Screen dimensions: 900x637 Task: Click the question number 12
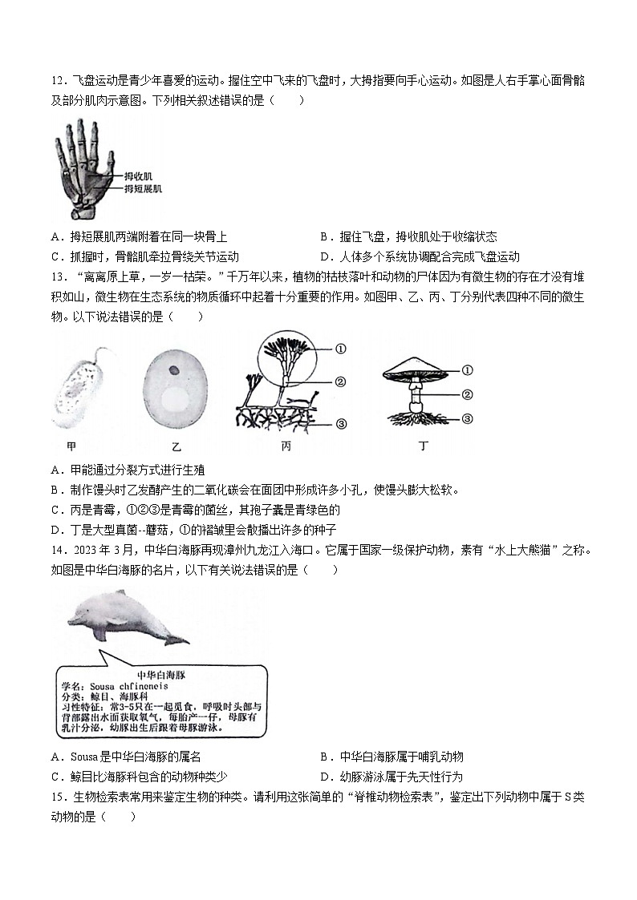[56, 81]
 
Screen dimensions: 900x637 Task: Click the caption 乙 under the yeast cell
[176, 446]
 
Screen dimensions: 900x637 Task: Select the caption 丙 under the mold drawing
[286, 446]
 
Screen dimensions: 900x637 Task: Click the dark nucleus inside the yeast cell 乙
[174, 370]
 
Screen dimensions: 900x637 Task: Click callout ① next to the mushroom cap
[468, 370]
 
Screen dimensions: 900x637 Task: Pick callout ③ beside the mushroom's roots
[468, 418]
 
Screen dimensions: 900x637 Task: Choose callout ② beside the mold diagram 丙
[340, 381]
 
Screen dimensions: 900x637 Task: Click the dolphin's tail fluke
[176, 639]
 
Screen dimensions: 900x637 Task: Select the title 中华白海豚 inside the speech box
[161, 675]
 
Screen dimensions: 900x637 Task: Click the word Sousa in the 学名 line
[101, 687]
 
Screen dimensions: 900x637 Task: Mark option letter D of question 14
[323, 777]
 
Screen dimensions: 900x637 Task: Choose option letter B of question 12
[323, 237]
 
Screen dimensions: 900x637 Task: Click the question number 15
[56, 797]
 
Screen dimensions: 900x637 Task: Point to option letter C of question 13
[55, 510]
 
